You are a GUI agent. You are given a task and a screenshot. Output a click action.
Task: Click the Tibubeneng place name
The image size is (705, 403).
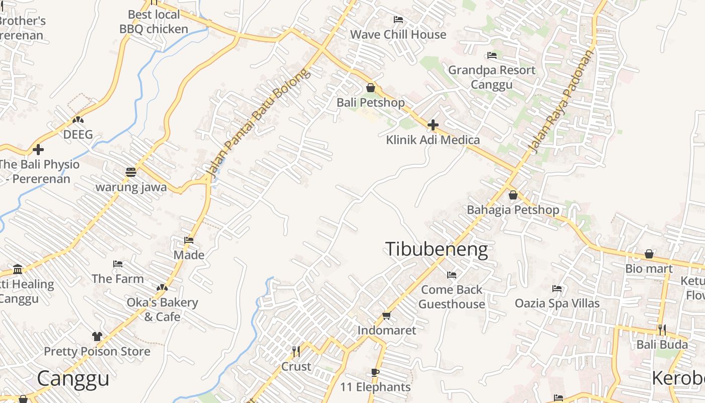[x=436, y=250]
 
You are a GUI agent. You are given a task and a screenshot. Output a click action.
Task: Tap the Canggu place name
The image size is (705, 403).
[x=73, y=379]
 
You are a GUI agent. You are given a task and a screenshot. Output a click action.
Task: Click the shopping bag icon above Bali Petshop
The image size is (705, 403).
[x=371, y=88]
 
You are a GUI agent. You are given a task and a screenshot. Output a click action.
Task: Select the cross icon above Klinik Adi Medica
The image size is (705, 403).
[x=433, y=125]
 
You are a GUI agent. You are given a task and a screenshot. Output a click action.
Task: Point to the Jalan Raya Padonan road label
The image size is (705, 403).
[x=561, y=101]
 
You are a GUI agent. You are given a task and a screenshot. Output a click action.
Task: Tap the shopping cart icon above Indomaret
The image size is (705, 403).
[x=386, y=316]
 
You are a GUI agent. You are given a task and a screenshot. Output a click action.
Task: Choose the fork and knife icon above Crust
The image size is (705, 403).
[x=296, y=351]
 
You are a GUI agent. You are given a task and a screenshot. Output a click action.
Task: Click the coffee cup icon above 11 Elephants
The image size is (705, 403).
[x=375, y=373]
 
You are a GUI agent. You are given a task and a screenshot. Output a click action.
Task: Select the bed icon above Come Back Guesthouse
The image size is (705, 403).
[x=452, y=275]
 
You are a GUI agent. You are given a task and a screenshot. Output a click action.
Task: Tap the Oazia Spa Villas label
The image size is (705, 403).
[x=557, y=303]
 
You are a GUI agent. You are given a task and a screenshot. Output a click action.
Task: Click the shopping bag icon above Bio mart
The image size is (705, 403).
[x=649, y=254]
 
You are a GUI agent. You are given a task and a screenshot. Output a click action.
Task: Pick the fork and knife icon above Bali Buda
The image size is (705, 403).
[x=662, y=330]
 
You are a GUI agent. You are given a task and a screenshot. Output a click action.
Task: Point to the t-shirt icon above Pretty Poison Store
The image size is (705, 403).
[x=97, y=337]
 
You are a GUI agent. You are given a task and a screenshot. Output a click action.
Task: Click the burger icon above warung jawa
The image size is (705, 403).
[x=131, y=172]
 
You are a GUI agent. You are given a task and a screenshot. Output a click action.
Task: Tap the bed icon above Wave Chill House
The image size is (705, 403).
[x=398, y=20]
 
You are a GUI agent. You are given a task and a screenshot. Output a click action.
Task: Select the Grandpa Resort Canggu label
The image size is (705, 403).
[x=491, y=77]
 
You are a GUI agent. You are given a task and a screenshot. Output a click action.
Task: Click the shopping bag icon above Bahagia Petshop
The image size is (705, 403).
[x=513, y=195]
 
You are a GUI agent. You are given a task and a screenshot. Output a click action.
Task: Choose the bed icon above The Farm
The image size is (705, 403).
[x=118, y=264]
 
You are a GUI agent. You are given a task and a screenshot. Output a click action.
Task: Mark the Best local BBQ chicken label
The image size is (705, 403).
[x=154, y=22]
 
